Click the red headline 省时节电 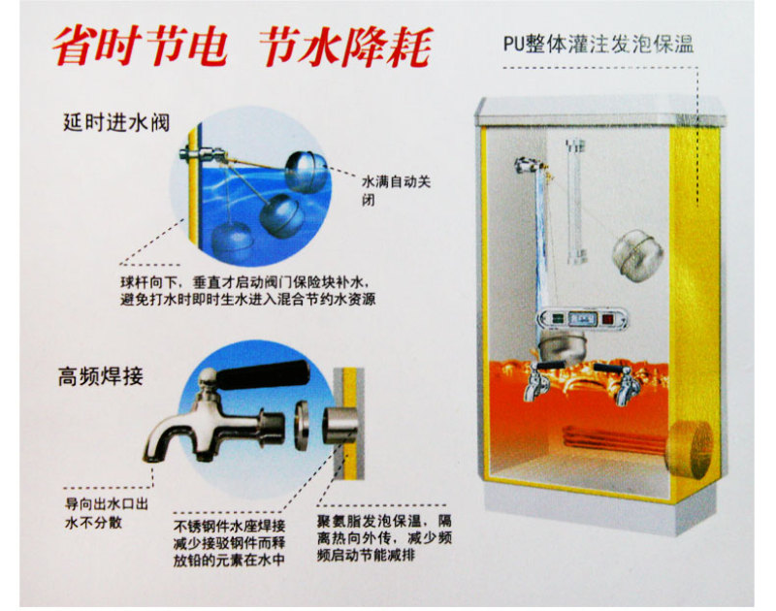coord(140,46)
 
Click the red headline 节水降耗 coord(345,46)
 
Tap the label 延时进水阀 coord(116,122)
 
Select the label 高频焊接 coord(101,376)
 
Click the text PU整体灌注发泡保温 coord(598,44)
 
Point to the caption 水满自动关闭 coord(396,190)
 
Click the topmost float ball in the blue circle coord(307,172)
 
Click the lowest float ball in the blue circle coord(232,241)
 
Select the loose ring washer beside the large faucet coord(302,425)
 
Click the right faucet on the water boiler coord(623,383)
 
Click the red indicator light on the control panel coord(608,319)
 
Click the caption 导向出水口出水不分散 coord(107,514)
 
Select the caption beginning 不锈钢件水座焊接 coord(229,543)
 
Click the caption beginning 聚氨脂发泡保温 coord(384,538)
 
